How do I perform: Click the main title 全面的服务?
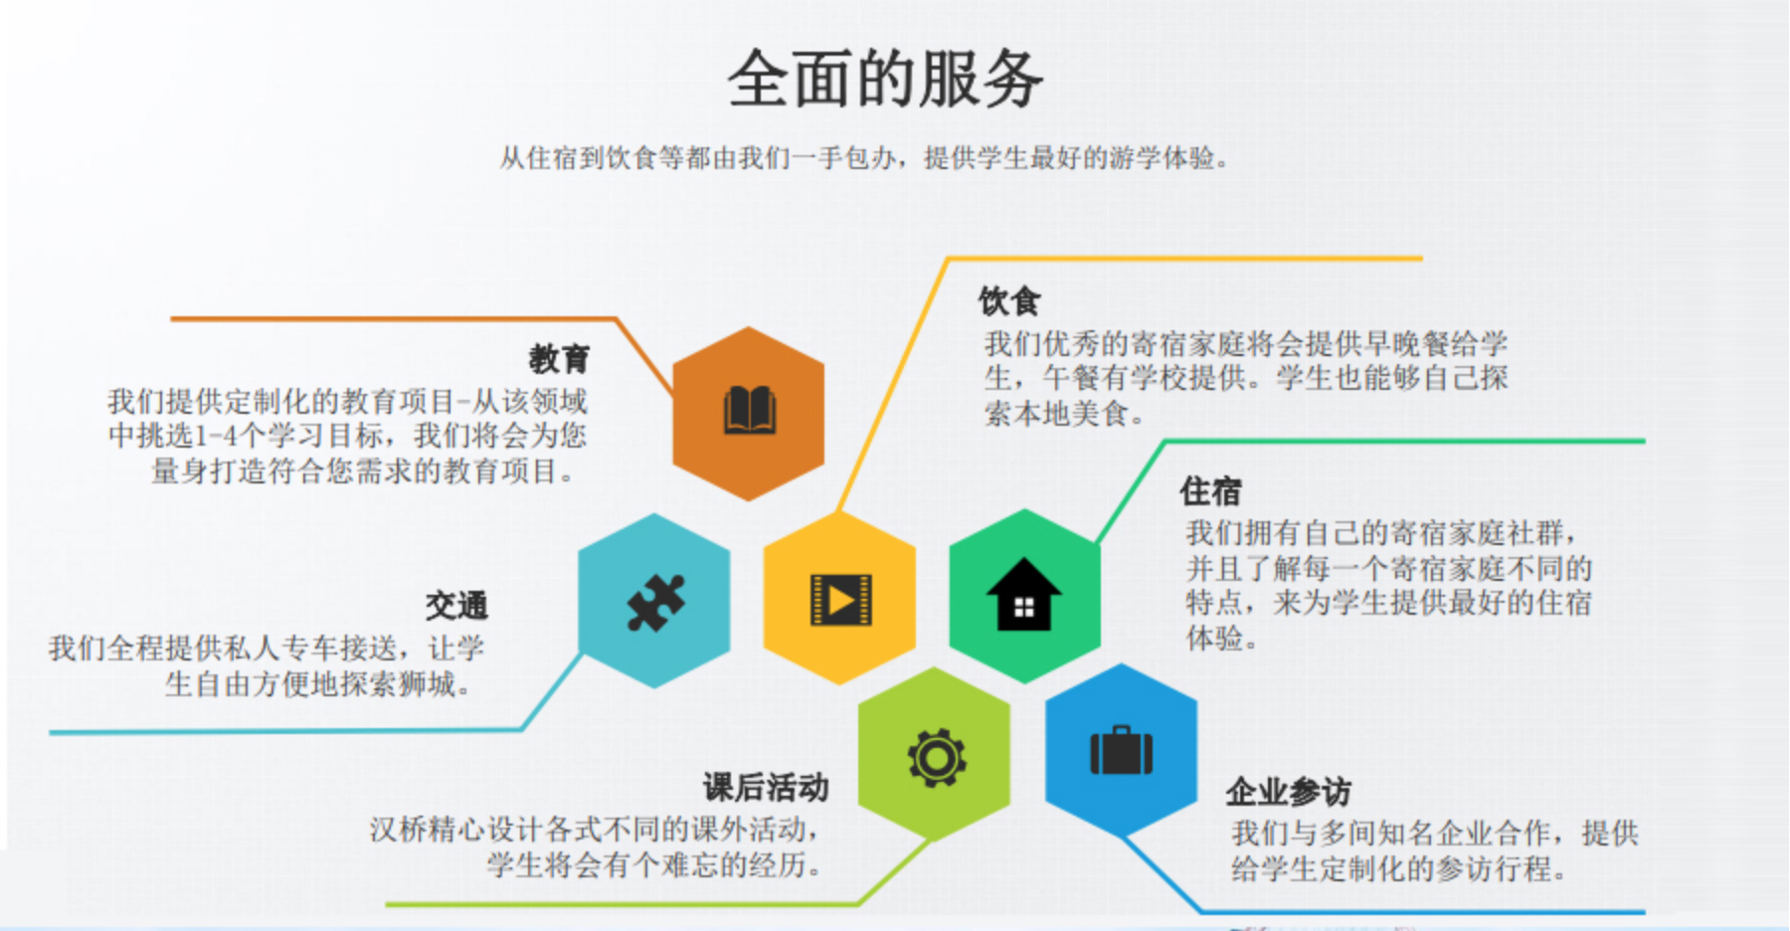click(885, 79)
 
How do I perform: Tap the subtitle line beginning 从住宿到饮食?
click(864, 158)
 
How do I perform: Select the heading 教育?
click(559, 358)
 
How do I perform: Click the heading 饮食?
click(1009, 300)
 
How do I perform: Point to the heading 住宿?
click(1210, 490)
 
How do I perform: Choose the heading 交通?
click(456, 605)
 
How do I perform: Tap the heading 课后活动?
click(766, 787)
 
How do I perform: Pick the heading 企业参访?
click(1288, 792)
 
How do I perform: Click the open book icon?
click(749, 410)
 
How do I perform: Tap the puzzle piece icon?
click(655, 602)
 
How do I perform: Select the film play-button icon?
click(840, 600)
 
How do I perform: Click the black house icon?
click(1024, 595)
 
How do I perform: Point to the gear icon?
click(936, 759)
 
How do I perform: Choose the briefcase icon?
click(1121, 750)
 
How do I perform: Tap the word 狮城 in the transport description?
click(427, 684)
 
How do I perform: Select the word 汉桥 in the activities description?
click(399, 830)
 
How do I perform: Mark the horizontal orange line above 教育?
click(394, 319)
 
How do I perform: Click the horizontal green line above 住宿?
click(1404, 441)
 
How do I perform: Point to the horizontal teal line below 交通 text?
click(286, 731)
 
